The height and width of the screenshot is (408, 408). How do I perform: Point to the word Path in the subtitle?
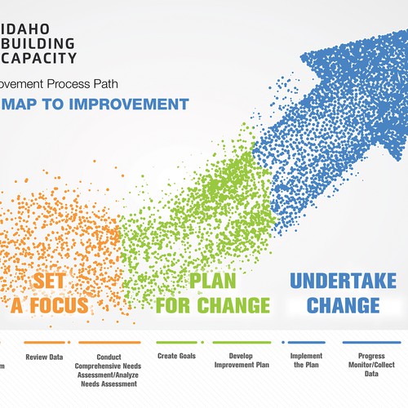pos(116,83)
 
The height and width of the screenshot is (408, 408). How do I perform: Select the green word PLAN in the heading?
pos(213,282)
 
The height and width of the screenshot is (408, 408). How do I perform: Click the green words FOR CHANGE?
pos(212,305)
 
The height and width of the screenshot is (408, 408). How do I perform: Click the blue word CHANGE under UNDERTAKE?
pos(335,305)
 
